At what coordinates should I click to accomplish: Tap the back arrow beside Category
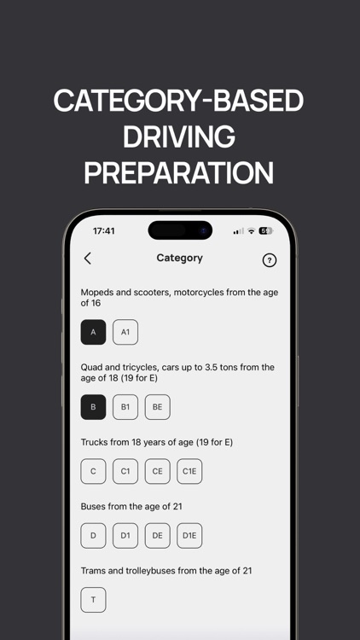pyautogui.click(x=87, y=259)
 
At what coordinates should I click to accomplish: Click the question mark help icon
pyautogui.click(x=270, y=260)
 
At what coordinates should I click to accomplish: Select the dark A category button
pyautogui.click(x=93, y=332)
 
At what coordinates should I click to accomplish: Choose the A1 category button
pyautogui.click(x=125, y=332)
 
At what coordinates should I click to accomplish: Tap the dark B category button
pyautogui.click(x=93, y=407)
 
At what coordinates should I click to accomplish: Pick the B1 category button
pyautogui.click(x=125, y=407)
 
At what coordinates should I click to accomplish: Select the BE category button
pyautogui.click(x=158, y=407)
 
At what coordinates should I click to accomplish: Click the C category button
pyautogui.click(x=93, y=471)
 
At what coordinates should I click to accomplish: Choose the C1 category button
pyautogui.click(x=125, y=471)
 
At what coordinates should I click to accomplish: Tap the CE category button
pyautogui.click(x=158, y=471)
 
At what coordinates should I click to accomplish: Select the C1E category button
pyautogui.click(x=189, y=471)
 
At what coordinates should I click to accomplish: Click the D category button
pyautogui.click(x=93, y=536)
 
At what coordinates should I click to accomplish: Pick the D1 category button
pyautogui.click(x=125, y=536)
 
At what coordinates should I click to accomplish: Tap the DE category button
pyautogui.click(x=158, y=536)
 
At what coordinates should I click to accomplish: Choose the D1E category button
pyautogui.click(x=189, y=536)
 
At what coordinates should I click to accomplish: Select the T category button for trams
pyautogui.click(x=93, y=600)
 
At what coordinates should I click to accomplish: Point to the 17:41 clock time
pyautogui.click(x=104, y=231)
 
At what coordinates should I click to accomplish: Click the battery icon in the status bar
pyautogui.click(x=265, y=231)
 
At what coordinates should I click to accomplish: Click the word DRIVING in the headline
pyautogui.click(x=179, y=137)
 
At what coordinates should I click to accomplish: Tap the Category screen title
pyautogui.click(x=180, y=258)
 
